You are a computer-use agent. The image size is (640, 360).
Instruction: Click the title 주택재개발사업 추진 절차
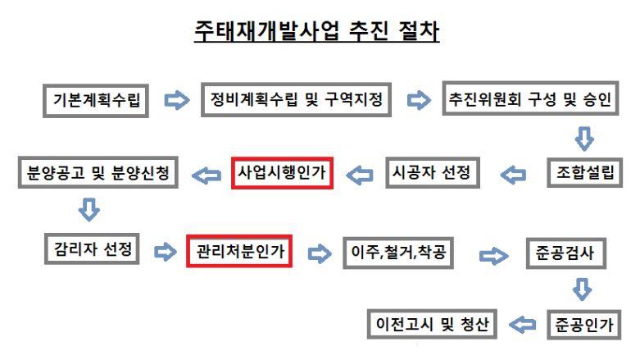click(x=316, y=31)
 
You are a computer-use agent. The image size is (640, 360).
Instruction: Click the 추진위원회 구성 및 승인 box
click(x=529, y=101)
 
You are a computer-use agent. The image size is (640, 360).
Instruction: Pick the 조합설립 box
click(x=583, y=174)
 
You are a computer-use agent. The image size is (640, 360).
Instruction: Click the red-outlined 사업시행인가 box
click(x=282, y=174)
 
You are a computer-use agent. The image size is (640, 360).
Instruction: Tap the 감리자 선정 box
click(x=92, y=249)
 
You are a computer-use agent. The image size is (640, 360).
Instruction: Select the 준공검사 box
click(x=566, y=253)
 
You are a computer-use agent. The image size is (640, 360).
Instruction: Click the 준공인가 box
click(x=583, y=325)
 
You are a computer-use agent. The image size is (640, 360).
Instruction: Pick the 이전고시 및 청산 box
click(x=431, y=325)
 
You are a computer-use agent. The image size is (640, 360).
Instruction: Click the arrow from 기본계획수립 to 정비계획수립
click(x=175, y=102)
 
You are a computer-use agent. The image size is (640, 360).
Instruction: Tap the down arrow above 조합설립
click(x=583, y=135)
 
